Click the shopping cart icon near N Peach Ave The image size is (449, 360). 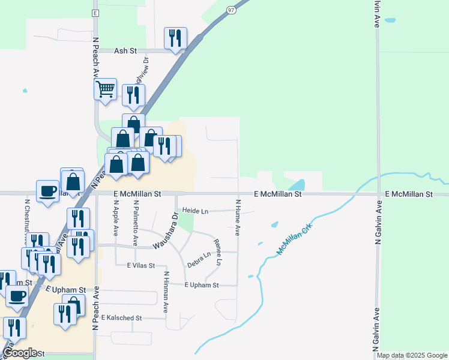pos(105,89)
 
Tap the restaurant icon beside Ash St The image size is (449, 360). pos(175,38)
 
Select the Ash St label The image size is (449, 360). pos(127,51)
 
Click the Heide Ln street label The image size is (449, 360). pos(195,211)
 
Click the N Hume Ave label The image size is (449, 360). pos(238,218)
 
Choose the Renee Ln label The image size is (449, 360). pos(218,253)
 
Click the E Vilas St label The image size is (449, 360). pos(141,265)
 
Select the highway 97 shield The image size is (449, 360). pos(231,10)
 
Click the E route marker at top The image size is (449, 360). pos(95,13)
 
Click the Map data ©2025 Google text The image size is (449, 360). pos(411,355)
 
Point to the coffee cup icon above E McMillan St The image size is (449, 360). pos(47,191)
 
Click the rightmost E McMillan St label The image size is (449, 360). pos(409,194)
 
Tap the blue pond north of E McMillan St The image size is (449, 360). pos(297,185)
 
